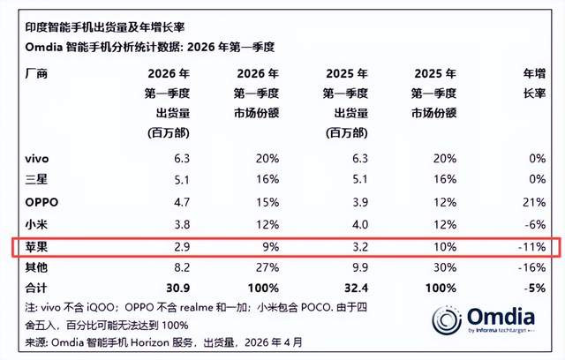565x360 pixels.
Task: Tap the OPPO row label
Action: [41, 201]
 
